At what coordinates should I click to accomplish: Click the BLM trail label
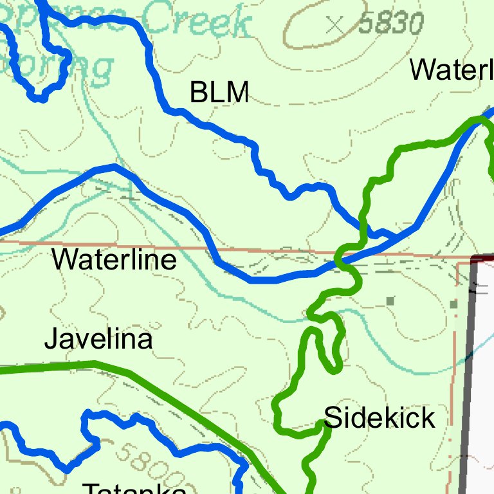coord(219,93)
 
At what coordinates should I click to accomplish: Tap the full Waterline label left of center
coord(114,261)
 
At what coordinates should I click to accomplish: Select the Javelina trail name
coord(98,339)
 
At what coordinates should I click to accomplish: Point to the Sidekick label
coord(380,418)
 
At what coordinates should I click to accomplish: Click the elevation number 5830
coord(391,24)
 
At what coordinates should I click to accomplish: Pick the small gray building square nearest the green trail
coord(390,300)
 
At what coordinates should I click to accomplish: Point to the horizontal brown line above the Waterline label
coord(96,242)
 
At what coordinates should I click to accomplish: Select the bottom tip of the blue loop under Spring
coord(39,98)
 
